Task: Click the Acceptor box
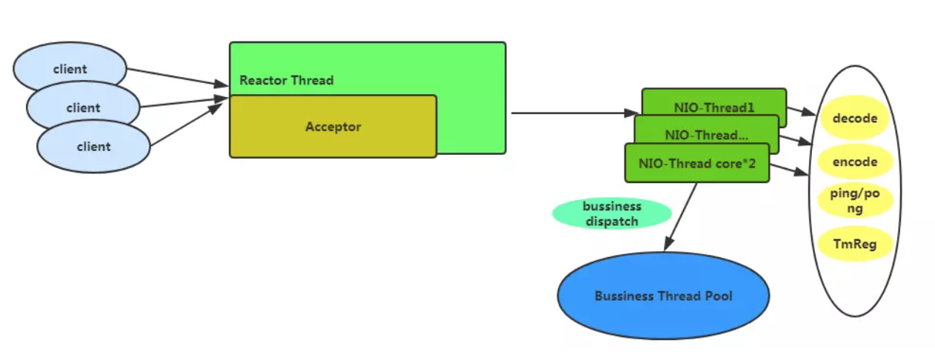coord(333,127)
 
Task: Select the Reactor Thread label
coord(287,80)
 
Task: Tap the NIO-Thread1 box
coord(714,107)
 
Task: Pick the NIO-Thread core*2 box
coord(697,164)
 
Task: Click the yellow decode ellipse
coord(854,119)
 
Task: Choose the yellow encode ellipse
coord(854,161)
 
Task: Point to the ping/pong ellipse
coord(854,200)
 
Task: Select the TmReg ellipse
coord(854,243)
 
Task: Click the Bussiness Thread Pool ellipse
coord(663,296)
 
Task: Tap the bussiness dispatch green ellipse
coord(612,213)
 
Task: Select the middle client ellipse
coord(83,108)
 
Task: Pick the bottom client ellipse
coord(93,147)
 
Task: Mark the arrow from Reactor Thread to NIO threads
coord(570,113)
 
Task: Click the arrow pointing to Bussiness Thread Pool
coord(682,216)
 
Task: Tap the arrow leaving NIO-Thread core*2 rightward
coord(788,170)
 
